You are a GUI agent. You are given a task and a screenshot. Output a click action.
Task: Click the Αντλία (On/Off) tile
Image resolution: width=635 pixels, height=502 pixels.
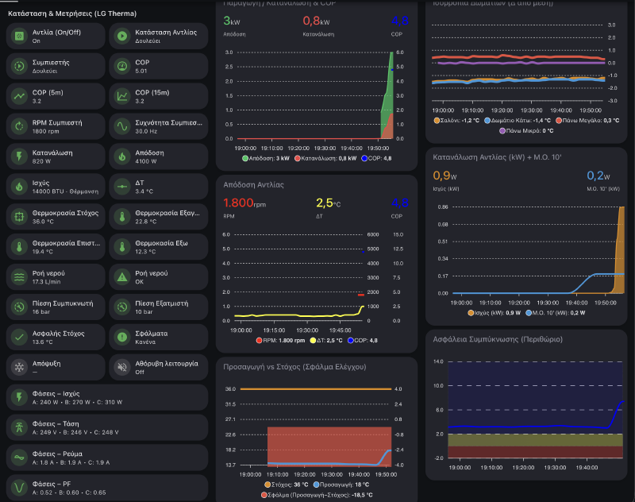coord(55,36)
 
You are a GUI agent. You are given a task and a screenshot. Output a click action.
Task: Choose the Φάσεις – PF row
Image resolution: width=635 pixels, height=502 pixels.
coord(106,487)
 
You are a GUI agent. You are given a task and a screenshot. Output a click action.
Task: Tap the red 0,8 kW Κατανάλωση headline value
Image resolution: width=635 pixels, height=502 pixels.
coord(316,21)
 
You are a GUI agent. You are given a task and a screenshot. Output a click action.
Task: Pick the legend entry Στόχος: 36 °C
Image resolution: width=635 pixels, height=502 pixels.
coord(288,484)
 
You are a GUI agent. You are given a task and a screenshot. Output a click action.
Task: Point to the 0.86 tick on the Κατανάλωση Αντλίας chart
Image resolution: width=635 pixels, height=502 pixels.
coord(443,207)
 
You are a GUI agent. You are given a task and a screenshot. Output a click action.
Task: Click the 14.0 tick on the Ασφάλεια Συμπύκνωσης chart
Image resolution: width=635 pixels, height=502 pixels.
coord(439,361)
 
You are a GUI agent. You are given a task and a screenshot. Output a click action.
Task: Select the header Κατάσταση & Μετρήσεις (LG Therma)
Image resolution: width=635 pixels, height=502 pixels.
coord(71,14)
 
